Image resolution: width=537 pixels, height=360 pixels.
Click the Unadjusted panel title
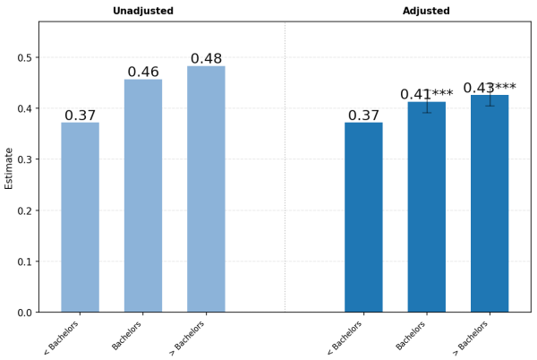point(143,11)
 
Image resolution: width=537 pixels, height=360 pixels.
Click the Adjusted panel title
point(426,11)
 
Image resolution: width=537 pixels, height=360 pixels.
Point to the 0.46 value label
point(143,72)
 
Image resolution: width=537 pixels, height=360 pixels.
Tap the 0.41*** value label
point(426,94)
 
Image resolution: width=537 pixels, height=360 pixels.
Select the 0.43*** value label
point(490,88)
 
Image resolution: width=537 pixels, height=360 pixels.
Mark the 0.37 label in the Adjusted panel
point(363,116)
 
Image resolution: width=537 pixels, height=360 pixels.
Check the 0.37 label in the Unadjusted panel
point(80,116)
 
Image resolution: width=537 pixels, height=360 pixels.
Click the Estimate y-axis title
point(9,167)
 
